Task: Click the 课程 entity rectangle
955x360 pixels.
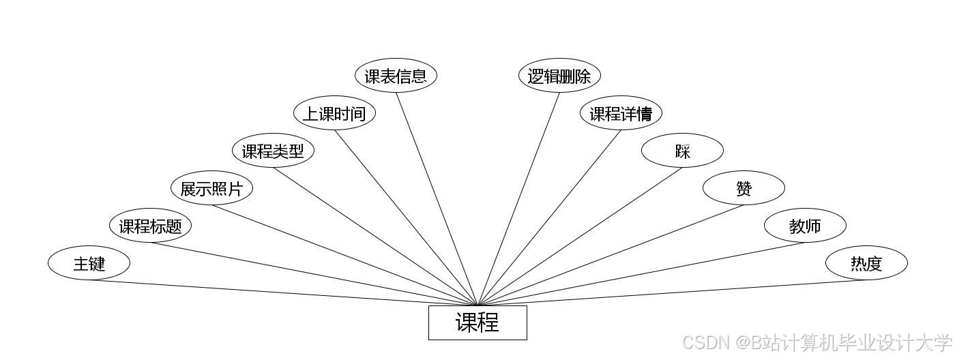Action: click(477, 322)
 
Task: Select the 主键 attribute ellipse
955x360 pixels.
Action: click(89, 263)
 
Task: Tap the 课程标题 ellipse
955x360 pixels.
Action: click(150, 226)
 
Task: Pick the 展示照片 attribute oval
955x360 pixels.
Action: click(211, 188)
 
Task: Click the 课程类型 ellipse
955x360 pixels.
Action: click(273, 151)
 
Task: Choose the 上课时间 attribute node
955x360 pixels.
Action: click(334, 113)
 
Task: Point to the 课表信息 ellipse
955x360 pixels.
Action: click(396, 76)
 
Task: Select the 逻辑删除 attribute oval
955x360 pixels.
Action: click(559, 76)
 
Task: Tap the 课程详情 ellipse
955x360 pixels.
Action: click(621, 113)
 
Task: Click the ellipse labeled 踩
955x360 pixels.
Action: click(682, 151)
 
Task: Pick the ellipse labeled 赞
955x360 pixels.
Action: click(744, 188)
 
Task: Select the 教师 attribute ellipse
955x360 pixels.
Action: click(805, 226)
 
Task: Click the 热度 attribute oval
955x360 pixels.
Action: click(866, 263)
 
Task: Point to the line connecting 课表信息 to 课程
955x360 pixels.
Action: click(437, 198)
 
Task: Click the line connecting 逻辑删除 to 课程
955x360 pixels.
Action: click(518, 198)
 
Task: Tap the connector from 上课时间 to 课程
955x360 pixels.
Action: click(406, 217)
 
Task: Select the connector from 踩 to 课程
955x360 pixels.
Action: click(580, 236)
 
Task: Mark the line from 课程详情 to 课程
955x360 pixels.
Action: click(549, 217)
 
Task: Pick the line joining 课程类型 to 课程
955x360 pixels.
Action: click(375, 236)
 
